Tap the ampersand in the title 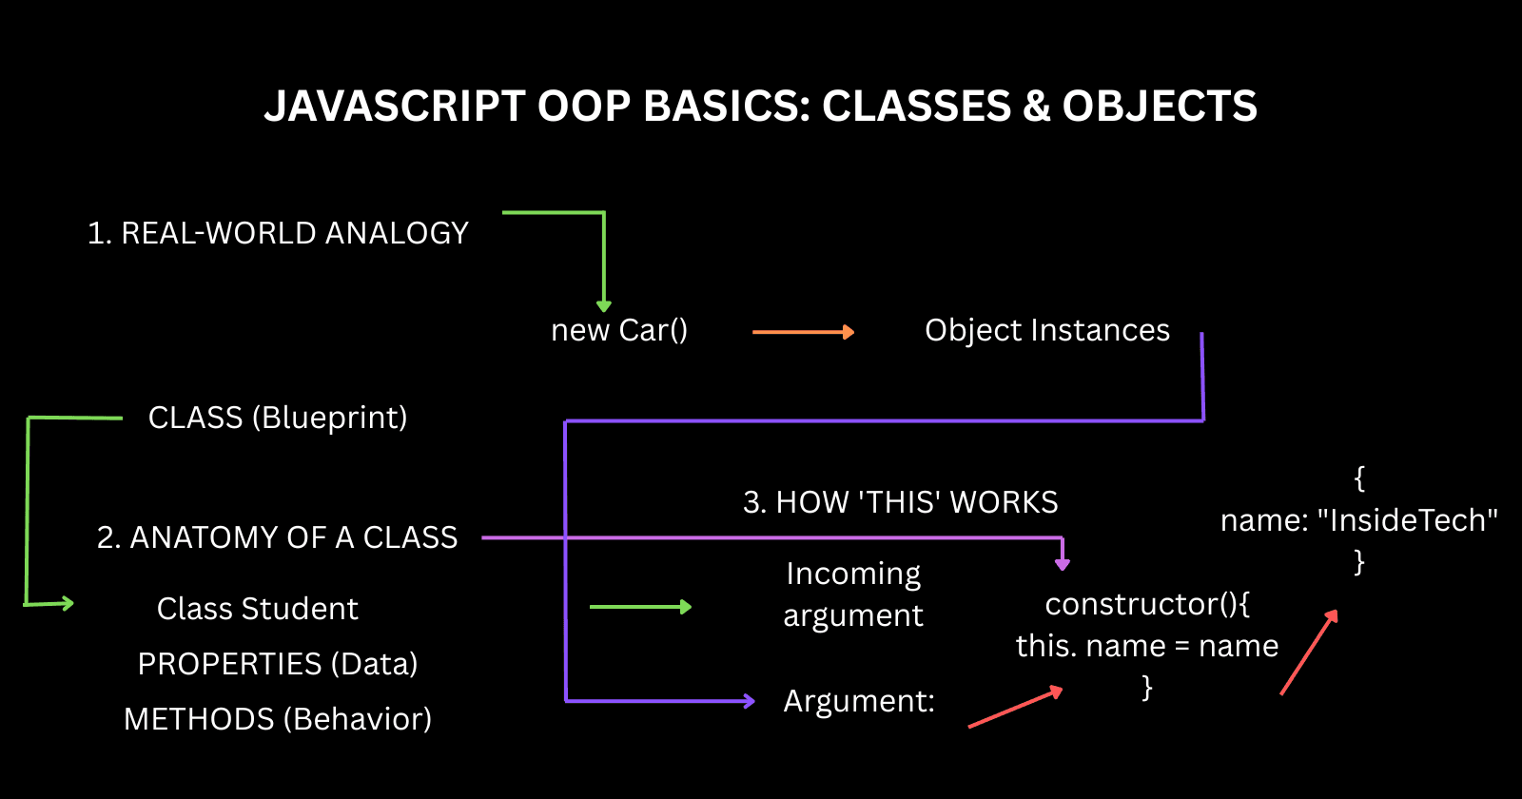(x=1036, y=107)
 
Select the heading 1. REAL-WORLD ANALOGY (x=278, y=233)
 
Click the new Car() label (x=619, y=330)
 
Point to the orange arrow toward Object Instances (x=803, y=332)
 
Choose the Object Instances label (x=1047, y=330)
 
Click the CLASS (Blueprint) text (x=278, y=418)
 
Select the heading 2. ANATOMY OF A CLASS (x=278, y=537)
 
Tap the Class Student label (x=258, y=609)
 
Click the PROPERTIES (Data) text (x=278, y=664)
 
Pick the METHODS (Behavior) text (x=278, y=719)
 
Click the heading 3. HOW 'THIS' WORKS (x=900, y=502)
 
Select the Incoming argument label (x=853, y=594)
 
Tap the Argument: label (x=859, y=702)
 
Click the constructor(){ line (x=1147, y=604)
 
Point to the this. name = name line (x=1147, y=647)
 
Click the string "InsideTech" (x=1407, y=520)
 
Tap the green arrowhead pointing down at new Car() (x=603, y=304)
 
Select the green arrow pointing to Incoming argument (x=640, y=607)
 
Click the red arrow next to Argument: (x=1015, y=708)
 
